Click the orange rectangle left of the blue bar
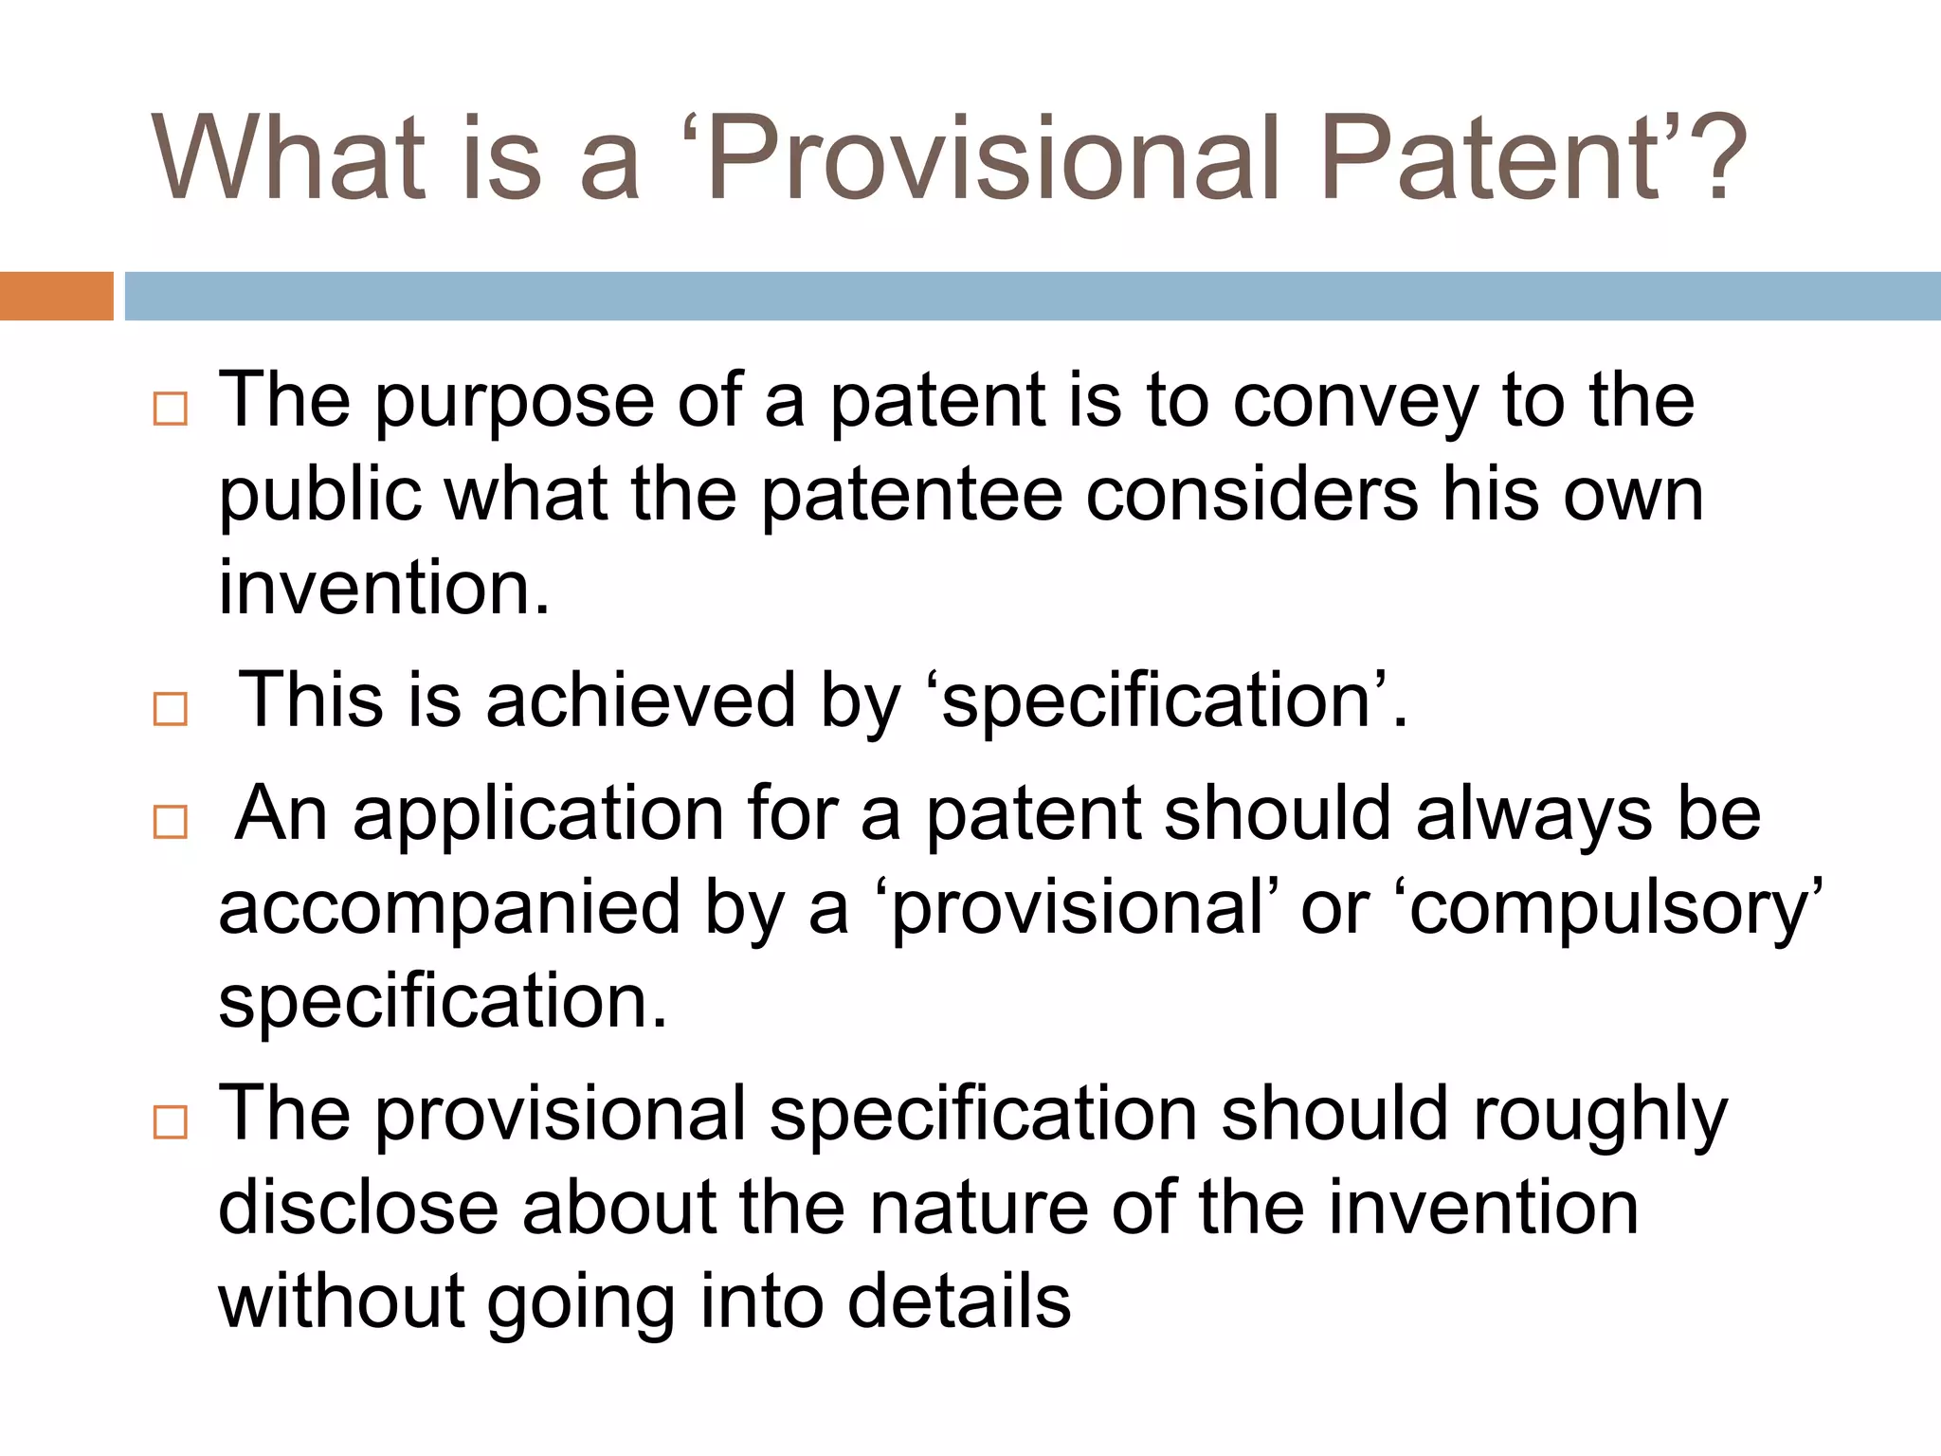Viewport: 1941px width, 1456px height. [x=56, y=296]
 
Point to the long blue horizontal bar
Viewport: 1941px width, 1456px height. [x=1032, y=296]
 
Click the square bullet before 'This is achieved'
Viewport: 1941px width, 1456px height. [x=171, y=708]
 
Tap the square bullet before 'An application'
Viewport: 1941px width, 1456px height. [x=171, y=821]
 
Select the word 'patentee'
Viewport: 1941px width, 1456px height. [x=911, y=497]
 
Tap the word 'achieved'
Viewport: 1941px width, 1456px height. [x=641, y=701]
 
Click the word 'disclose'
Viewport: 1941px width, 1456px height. [x=358, y=1209]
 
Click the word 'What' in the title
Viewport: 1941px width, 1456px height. [x=288, y=158]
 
